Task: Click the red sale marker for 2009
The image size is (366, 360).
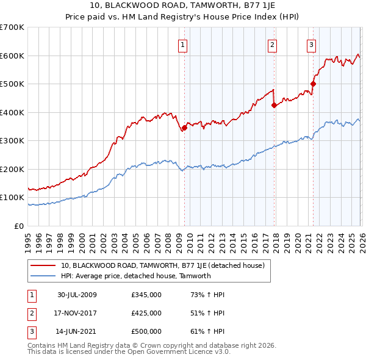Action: point(184,128)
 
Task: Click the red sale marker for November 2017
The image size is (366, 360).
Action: point(274,106)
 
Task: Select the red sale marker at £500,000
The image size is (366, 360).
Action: point(313,84)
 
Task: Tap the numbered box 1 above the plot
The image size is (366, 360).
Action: point(183,44)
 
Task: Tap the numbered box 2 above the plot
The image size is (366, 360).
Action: point(272,44)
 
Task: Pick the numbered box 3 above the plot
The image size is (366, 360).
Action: point(311,44)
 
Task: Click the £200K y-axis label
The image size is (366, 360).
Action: point(12,169)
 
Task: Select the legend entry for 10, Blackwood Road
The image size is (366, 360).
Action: point(162,265)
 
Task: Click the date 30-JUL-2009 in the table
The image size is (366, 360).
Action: point(77,295)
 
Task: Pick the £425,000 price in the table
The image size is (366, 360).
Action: point(146,313)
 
